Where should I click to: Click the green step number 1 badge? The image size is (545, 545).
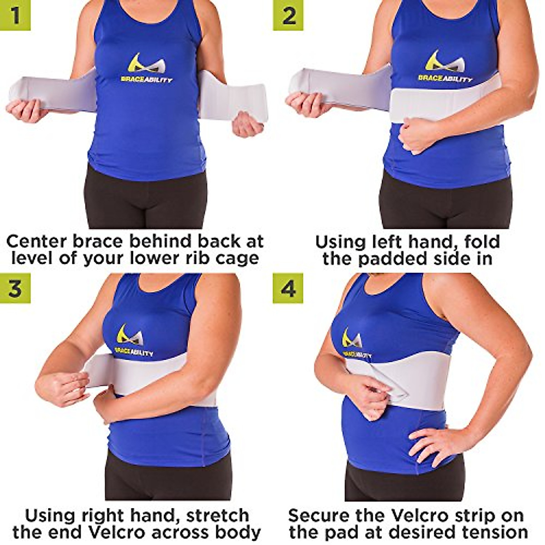tap(15, 15)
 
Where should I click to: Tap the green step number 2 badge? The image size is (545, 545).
tap(288, 15)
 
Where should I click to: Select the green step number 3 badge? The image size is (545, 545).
tap(15, 288)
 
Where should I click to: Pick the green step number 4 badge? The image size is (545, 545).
tap(288, 288)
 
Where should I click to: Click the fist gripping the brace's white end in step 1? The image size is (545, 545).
tap(247, 124)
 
